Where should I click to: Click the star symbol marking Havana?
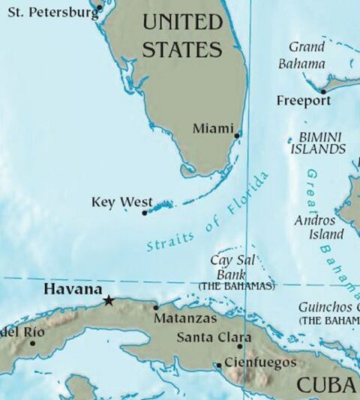point(109,300)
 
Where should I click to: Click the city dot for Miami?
point(237,136)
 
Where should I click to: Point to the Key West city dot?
point(145,213)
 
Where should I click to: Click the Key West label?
point(121,202)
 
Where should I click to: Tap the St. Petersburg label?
point(52,12)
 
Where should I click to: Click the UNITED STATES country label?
point(182,36)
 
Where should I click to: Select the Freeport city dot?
point(322,91)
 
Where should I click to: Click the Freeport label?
point(303,100)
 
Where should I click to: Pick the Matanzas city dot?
point(155,307)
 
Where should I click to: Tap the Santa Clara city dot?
point(240,346)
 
